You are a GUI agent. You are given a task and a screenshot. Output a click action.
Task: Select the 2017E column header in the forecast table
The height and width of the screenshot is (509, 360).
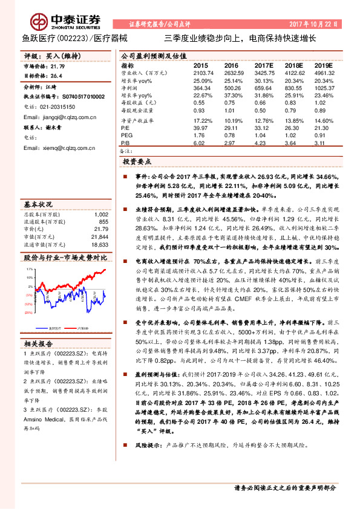264,65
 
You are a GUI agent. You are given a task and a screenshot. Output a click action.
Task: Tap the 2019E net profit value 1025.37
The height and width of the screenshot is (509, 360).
324,89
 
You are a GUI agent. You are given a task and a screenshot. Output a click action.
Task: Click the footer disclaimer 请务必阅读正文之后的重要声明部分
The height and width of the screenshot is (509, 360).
284,487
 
